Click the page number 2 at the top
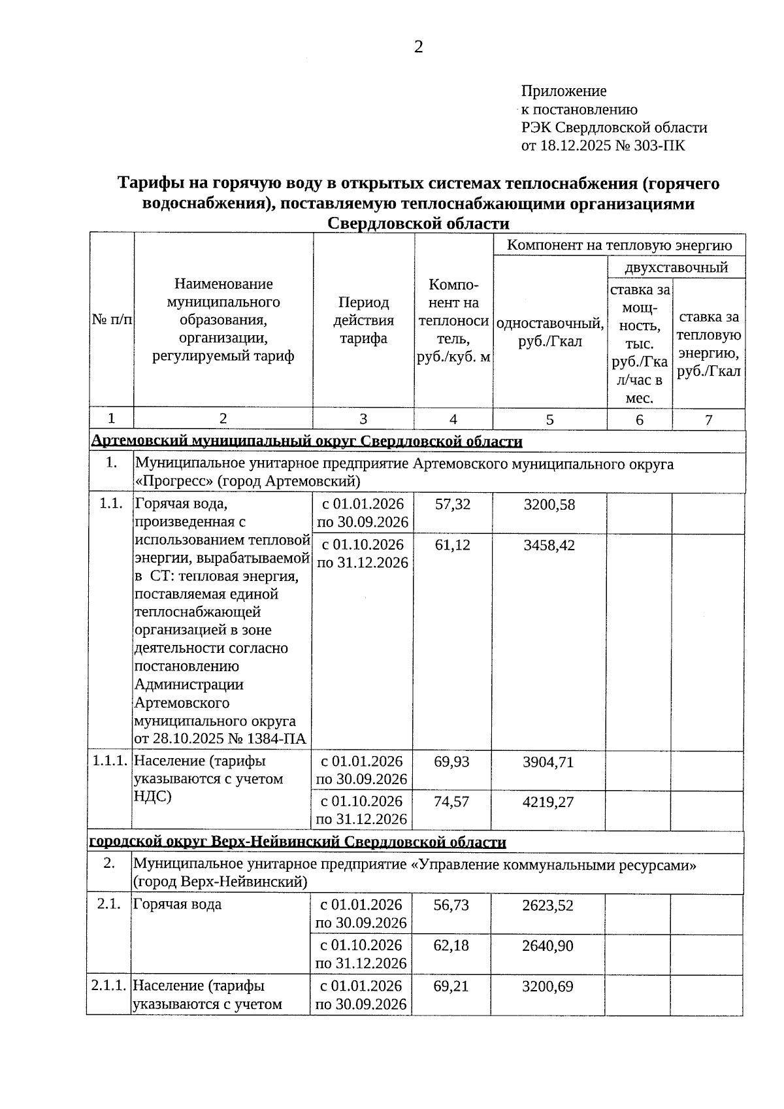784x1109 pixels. click(x=418, y=47)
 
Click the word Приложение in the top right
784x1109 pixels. click(x=563, y=91)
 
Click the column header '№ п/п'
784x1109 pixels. click(x=112, y=320)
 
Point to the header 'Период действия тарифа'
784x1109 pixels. click(x=363, y=320)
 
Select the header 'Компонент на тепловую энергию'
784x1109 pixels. click(x=619, y=245)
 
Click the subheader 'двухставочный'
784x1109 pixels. click(x=676, y=267)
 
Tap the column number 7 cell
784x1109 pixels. click(x=708, y=420)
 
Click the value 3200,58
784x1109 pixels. click(x=549, y=505)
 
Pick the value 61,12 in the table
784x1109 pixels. click(x=452, y=545)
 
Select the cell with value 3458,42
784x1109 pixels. click(x=549, y=545)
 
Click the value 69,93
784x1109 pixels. click(x=451, y=761)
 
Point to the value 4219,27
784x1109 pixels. click(x=547, y=802)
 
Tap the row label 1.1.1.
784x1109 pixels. click(x=110, y=761)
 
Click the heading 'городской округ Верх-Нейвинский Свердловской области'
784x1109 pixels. click(x=297, y=842)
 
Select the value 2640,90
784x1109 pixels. click(x=547, y=946)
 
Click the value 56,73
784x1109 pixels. click(x=451, y=905)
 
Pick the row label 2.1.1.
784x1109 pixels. click(x=108, y=985)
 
